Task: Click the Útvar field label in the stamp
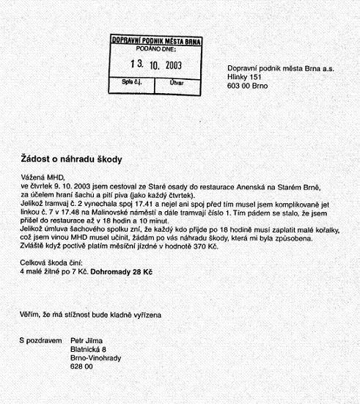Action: [x=176, y=83]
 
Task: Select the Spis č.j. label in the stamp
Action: [x=132, y=83]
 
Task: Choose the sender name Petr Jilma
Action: [x=88, y=342]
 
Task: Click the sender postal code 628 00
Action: [x=82, y=367]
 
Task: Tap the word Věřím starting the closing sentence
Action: [x=30, y=314]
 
